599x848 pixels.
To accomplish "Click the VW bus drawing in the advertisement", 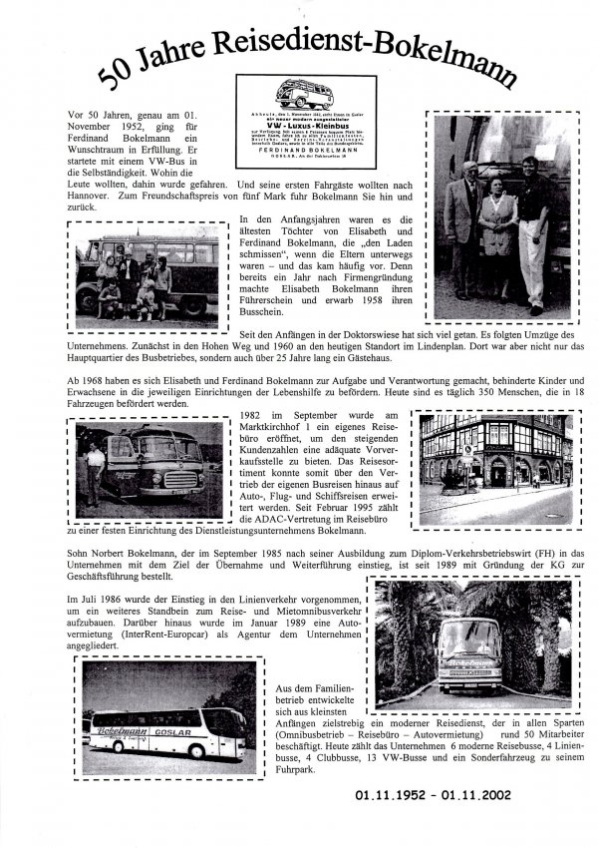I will (304, 95).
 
